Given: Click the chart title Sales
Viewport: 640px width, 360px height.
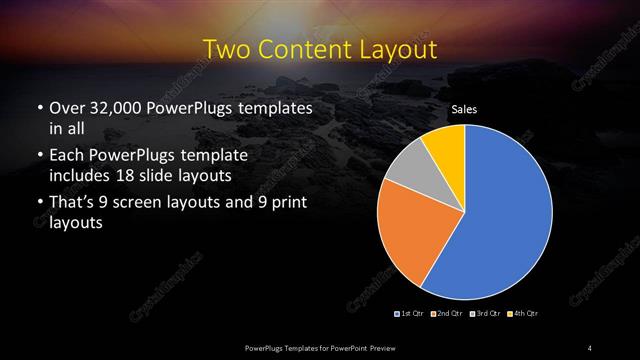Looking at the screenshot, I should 464,108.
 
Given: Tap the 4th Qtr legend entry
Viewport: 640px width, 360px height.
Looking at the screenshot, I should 521,314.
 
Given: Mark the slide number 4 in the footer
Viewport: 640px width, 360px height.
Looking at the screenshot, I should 590,347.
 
